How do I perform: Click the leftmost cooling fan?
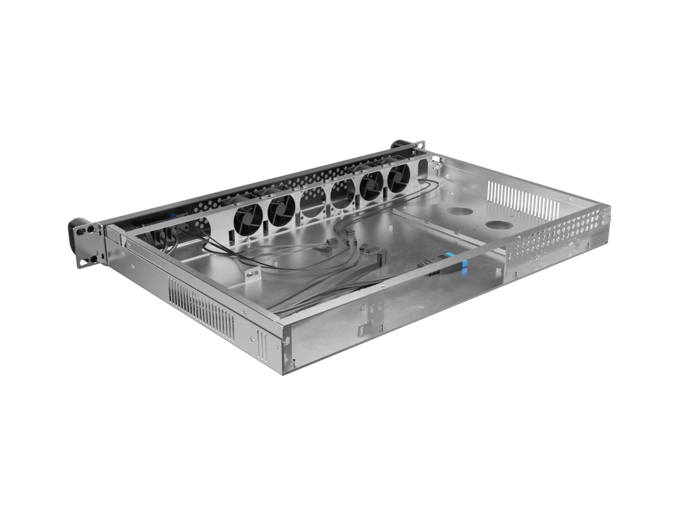249,216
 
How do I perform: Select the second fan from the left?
281,208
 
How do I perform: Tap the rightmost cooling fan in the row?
400,178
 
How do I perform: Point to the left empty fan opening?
311,201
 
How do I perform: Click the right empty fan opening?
340,194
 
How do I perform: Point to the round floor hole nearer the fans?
458,212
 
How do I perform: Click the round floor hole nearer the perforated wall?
499,225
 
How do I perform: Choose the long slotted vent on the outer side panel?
201,307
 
